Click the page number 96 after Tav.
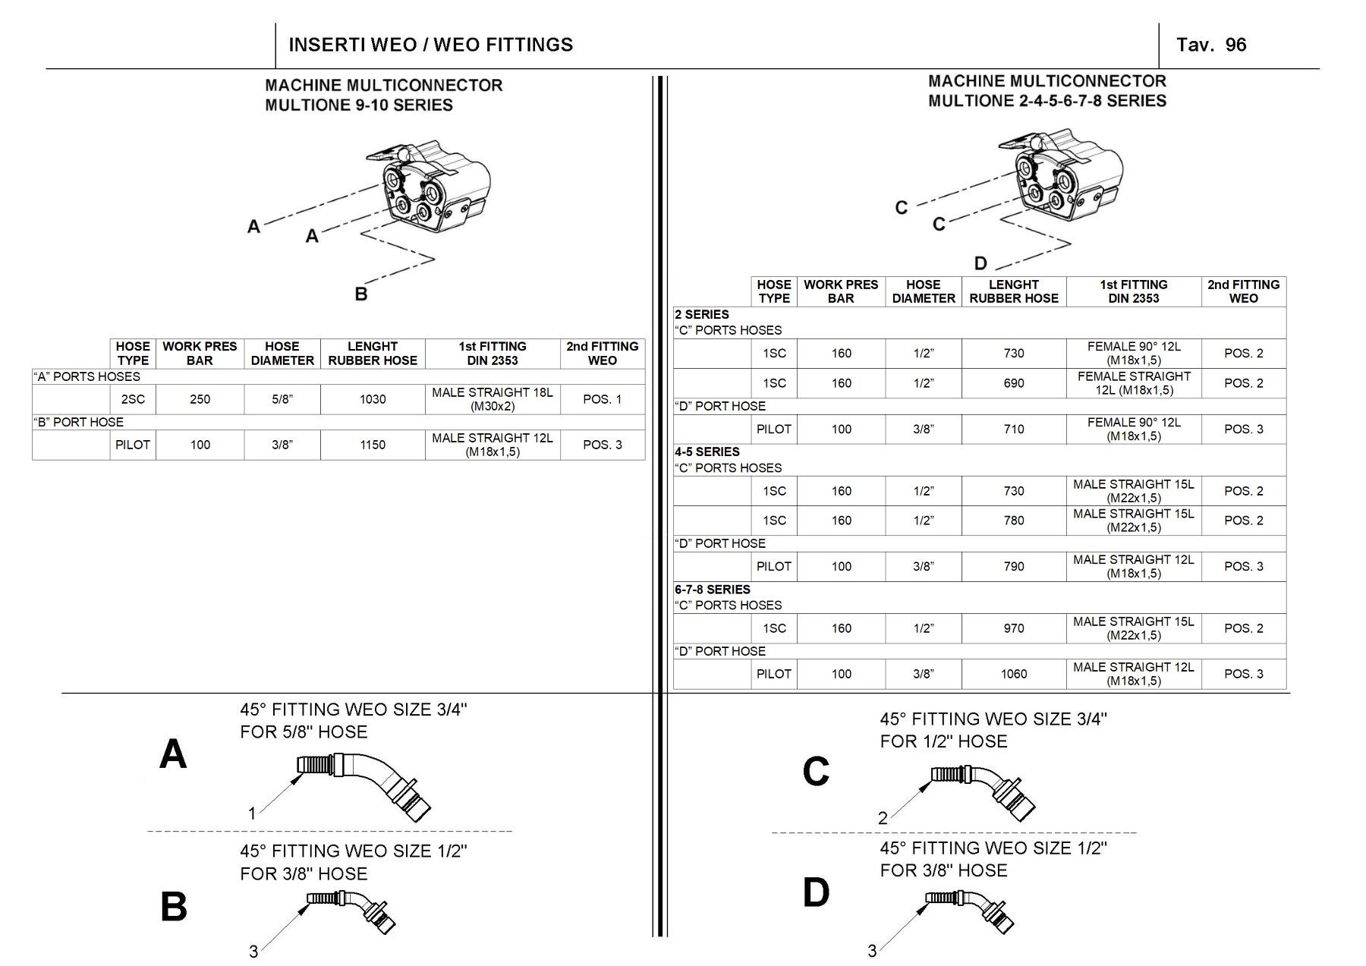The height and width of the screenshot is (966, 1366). click(1235, 45)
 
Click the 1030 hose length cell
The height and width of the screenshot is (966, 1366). click(373, 399)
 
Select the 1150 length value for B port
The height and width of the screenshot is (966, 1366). click(373, 445)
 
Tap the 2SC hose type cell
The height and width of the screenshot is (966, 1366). click(133, 399)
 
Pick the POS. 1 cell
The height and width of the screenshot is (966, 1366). click(602, 399)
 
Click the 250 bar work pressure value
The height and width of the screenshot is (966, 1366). click(200, 399)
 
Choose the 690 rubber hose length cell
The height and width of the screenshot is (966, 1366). click(1013, 383)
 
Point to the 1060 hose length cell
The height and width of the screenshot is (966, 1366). click(1013, 674)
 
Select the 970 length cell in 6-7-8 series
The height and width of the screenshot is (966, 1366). click(1013, 628)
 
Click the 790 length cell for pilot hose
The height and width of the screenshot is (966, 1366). click(1013, 566)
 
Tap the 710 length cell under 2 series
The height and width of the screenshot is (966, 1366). click(1013, 429)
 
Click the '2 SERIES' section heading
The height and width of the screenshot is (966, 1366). click(701, 314)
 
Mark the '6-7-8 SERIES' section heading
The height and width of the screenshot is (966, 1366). click(712, 589)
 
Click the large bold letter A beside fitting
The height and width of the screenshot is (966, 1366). click(173, 754)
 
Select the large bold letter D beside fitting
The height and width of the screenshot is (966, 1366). click(816, 892)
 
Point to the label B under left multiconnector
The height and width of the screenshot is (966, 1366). click(361, 294)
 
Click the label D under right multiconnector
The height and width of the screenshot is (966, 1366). click(980, 263)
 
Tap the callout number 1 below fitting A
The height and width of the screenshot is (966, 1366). click(252, 814)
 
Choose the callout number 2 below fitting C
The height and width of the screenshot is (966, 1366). click(883, 818)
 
